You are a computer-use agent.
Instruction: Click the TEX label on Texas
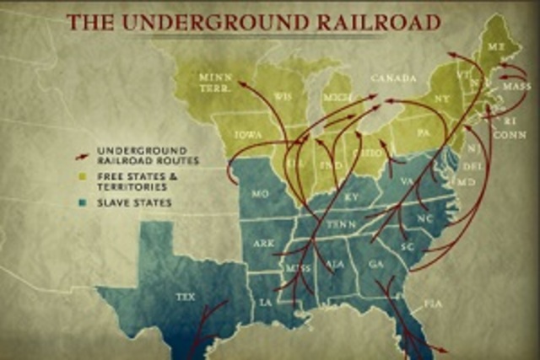[x=185, y=298]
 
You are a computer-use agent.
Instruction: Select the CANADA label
[x=394, y=78]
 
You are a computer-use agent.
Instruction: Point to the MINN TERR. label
[x=211, y=82]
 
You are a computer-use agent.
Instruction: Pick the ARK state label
[x=262, y=244]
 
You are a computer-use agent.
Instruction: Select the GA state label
[x=376, y=263]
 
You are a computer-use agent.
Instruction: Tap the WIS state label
[x=283, y=97]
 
